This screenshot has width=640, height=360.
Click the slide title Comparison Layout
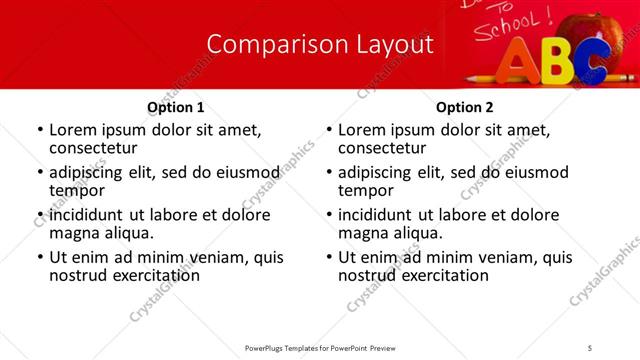click(320, 45)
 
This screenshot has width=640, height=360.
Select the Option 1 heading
click(176, 107)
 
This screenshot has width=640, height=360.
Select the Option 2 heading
click(465, 107)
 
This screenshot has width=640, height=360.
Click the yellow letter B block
click(557, 62)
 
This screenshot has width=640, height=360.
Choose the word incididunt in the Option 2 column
click(381, 215)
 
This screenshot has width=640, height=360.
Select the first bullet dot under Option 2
click(330, 131)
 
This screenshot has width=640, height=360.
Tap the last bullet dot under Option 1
click(40, 258)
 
